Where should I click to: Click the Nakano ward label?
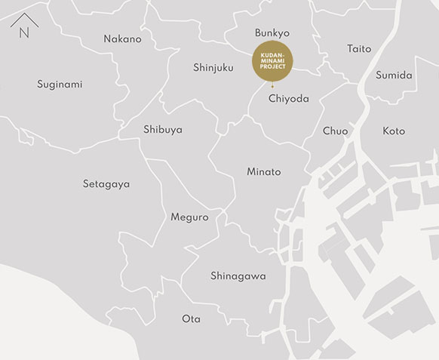point(122,38)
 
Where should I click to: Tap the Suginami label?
point(60,84)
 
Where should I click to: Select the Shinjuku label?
point(213,67)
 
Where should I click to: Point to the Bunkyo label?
point(272,32)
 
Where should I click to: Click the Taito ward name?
point(359,48)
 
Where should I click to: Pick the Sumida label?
point(394,75)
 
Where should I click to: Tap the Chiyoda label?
point(288,98)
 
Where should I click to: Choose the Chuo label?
point(335,131)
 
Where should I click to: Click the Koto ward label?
point(394,131)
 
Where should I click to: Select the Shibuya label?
point(162,129)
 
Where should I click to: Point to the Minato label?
point(263,171)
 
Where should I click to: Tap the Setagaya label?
point(106,183)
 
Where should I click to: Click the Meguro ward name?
point(189,217)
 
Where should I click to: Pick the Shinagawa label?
point(238,275)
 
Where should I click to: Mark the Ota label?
point(192,318)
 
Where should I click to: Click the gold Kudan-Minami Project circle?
point(272,61)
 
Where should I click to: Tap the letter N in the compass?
point(24,33)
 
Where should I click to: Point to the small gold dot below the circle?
point(272,87)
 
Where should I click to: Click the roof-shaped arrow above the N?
point(24,19)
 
